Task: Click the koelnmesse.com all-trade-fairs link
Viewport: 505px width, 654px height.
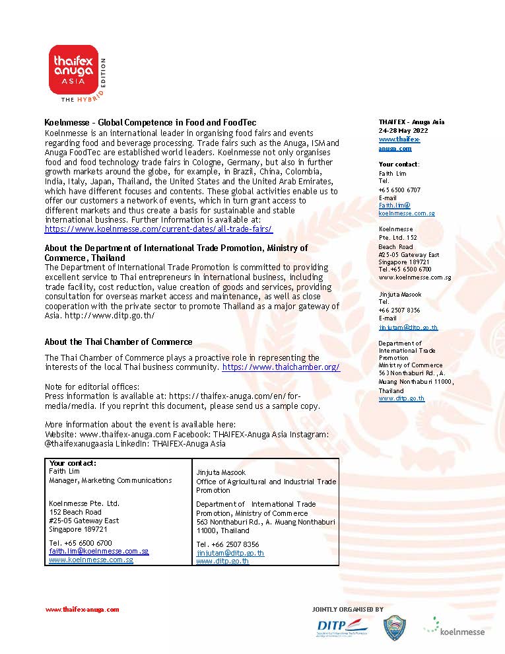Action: [x=158, y=229]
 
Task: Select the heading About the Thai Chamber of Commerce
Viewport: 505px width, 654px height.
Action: [x=119, y=342]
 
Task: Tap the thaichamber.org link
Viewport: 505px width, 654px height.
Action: [x=281, y=367]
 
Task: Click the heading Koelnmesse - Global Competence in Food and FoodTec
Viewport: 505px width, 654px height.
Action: [x=150, y=123]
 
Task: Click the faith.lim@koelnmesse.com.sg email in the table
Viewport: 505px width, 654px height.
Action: [x=99, y=551]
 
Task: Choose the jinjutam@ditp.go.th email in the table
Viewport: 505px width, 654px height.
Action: [x=230, y=553]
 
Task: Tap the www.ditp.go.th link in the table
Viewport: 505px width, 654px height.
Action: [x=222, y=561]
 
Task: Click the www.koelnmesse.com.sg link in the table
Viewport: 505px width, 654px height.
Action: [x=91, y=560]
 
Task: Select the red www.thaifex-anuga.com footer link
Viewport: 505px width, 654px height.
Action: [x=82, y=610]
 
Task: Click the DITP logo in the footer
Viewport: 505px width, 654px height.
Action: [x=339, y=627]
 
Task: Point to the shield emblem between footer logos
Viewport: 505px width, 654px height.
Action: [x=395, y=628]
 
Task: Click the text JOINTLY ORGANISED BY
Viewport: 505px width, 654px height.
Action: [x=347, y=609]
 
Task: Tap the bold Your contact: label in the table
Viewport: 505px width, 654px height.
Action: [x=73, y=463]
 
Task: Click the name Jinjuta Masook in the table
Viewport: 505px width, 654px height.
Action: [x=220, y=473]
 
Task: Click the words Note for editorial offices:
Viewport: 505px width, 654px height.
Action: [x=92, y=386]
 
